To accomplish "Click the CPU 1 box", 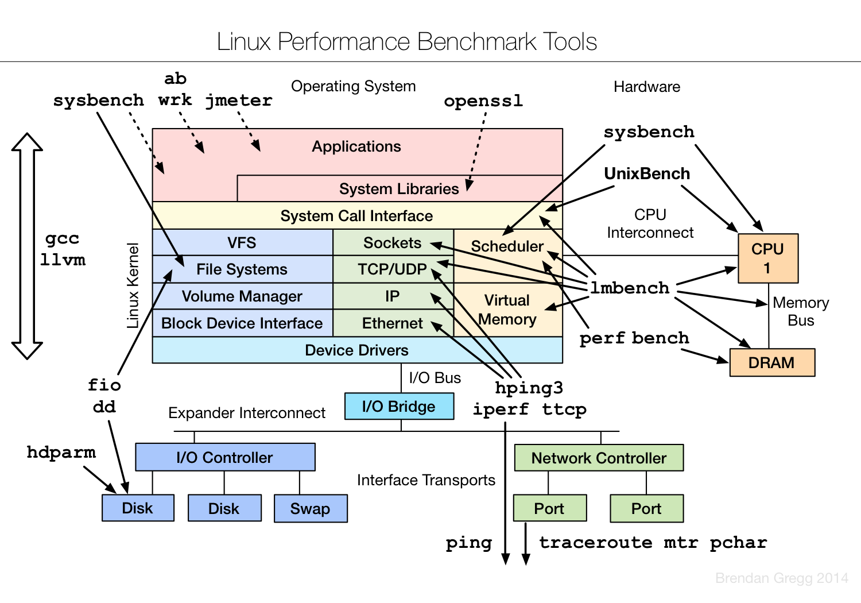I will coord(767,258).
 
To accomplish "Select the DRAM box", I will coord(771,363).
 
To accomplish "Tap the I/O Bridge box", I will coord(399,407).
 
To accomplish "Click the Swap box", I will coord(311,509).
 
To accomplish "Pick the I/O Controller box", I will coord(225,458).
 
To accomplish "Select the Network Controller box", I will coord(599,458).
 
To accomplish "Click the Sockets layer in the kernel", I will coord(393,243).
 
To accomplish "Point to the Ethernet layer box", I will coord(393,323).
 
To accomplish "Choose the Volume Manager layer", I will coord(242,296).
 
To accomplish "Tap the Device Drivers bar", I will coord(356,350).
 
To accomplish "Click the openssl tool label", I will coord(483,101).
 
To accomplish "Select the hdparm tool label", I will coord(61,453).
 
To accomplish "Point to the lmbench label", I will coord(630,288).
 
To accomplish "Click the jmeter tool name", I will coord(239,100).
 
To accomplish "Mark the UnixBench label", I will coord(647,173).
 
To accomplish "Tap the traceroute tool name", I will coord(595,543).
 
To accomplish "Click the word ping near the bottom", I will coord(469,543).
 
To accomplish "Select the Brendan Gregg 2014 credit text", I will coord(781,578).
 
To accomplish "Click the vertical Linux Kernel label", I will coord(133,285).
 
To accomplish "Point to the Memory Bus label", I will coord(801,311).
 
